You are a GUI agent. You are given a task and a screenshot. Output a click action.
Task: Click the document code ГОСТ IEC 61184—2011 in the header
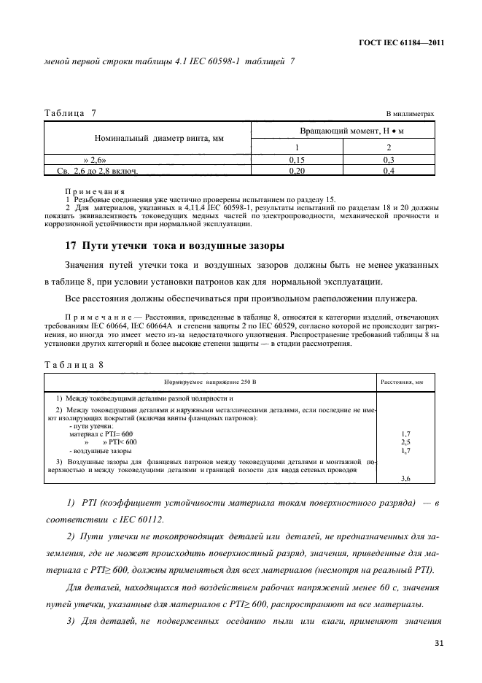click(401, 43)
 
